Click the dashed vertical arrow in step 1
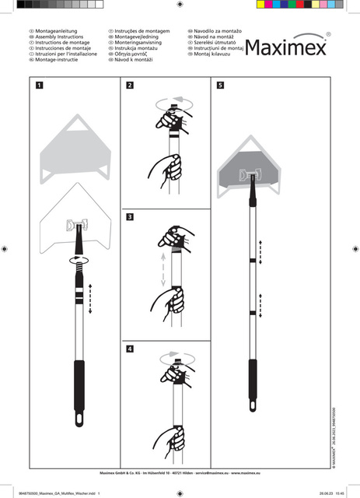[x=92, y=299]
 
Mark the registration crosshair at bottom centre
[x=180, y=492]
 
